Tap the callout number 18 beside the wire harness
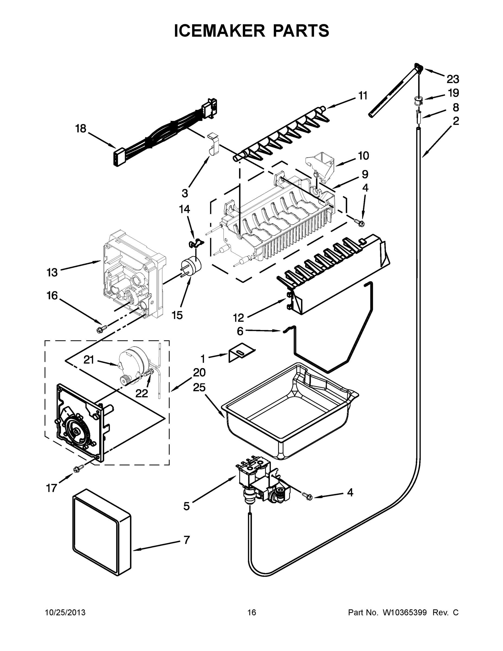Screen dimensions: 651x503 click(x=81, y=129)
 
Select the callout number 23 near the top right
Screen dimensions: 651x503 click(x=453, y=79)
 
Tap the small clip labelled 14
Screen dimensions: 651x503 click(x=195, y=244)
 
